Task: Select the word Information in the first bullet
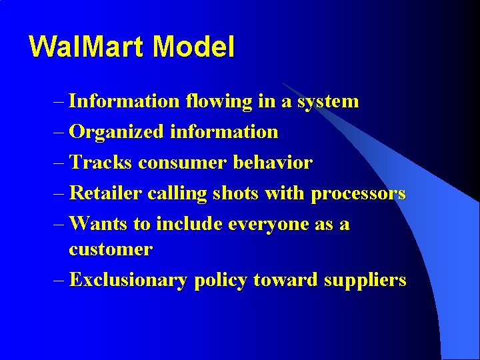[x=124, y=101]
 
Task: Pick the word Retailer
[x=105, y=193]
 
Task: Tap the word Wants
[x=98, y=224]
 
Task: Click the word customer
[x=111, y=250]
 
